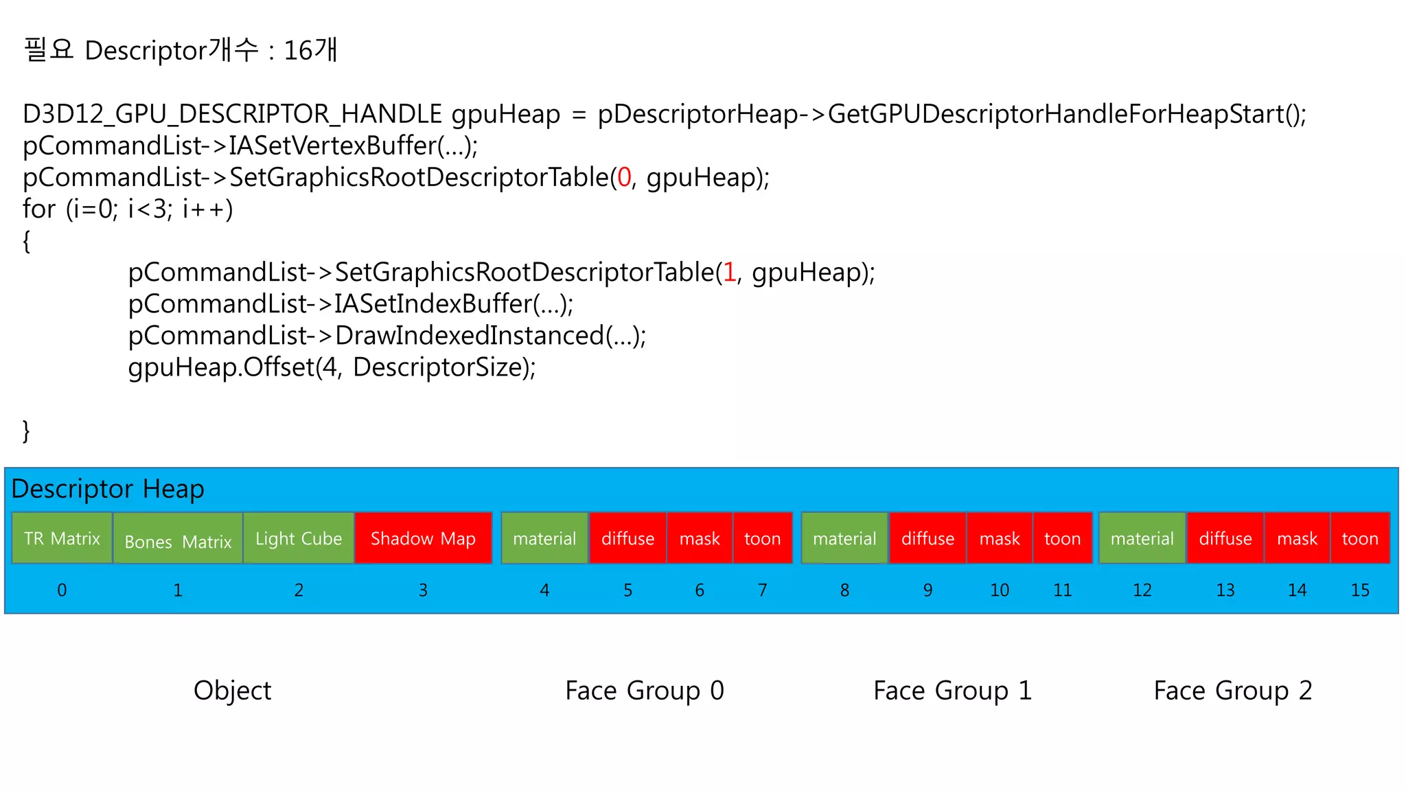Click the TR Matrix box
[x=62, y=538]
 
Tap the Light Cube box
[x=299, y=538]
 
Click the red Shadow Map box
[x=423, y=538]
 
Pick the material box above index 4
[x=544, y=538]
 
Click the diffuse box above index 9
[x=927, y=538]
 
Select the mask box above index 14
[x=1297, y=538]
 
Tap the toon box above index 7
[x=762, y=538]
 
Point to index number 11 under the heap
[x=1062, y=590]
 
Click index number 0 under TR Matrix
[x=62, y=590]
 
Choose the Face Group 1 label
[x=952, y=690]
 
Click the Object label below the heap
[x=232, y=690]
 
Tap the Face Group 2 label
[x=1232, y=690]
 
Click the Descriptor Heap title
[x=108, y=489]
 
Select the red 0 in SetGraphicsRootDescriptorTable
[x=623, y=177]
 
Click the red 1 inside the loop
[x=729, y=273]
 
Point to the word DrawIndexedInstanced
[x=469, y=336]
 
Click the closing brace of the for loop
[x=26, y=431]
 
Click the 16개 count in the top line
[x=310, y=50]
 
